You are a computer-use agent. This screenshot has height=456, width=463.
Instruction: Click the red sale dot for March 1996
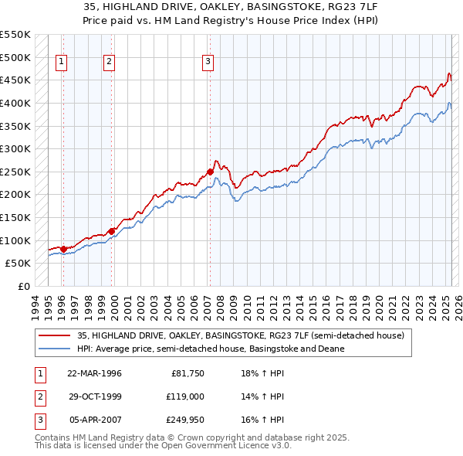(x=63, y=248)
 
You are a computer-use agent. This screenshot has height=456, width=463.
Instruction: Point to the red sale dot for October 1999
(x=111, y=231)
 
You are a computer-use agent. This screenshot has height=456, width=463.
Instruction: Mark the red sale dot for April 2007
(x=210, y=171)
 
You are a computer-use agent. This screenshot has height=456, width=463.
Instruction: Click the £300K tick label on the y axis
(x=15, y=148)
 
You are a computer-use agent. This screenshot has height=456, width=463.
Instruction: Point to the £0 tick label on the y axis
(x=23, y=286)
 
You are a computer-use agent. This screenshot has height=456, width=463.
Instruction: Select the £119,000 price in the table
(x=185, y=396)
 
